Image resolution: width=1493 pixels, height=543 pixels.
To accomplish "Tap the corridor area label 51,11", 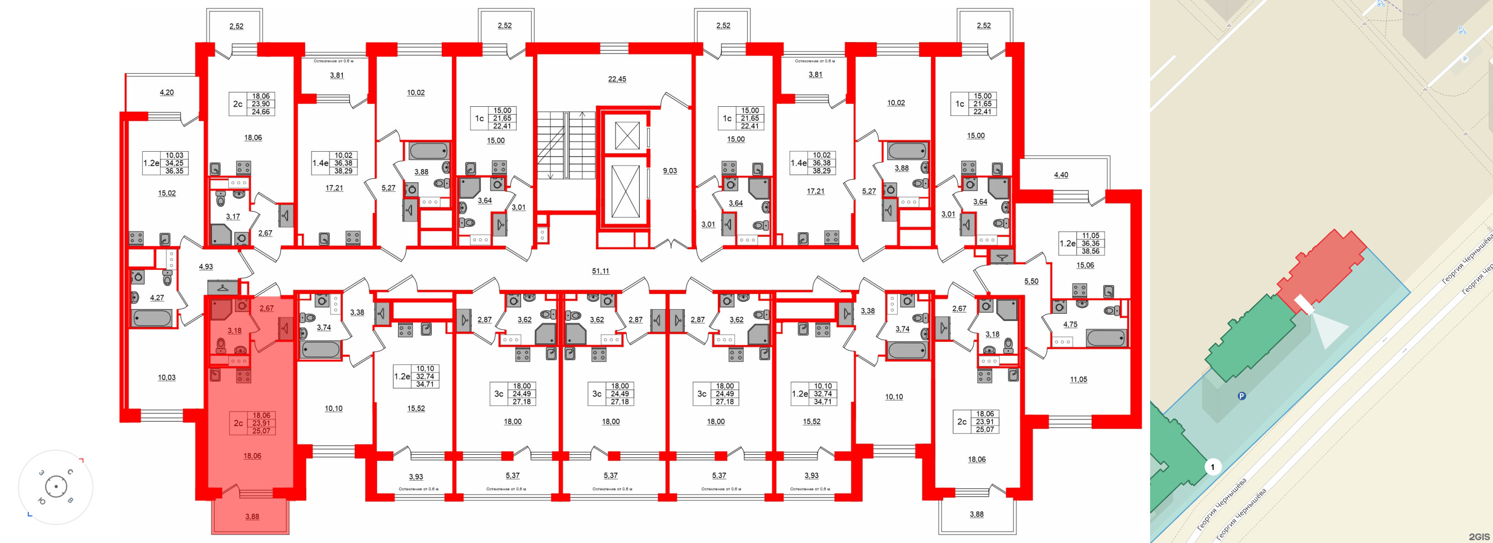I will click(600, 271).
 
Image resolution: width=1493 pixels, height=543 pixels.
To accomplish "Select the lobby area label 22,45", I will click(617, 79).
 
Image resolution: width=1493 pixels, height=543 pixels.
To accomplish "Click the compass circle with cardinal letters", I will click(56, 487).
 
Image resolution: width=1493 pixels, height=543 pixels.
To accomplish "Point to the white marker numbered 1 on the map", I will click(1213, 467).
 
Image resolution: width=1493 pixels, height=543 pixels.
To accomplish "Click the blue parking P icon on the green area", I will click(1242, 396).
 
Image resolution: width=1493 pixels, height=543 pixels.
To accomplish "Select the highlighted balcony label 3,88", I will click(252, 517).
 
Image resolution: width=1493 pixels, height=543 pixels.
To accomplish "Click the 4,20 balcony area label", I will click(166, 93).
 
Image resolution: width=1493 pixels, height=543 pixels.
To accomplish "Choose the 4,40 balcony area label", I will click(1061, 175).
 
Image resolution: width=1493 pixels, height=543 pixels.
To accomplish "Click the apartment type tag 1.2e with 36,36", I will click(1067, 244).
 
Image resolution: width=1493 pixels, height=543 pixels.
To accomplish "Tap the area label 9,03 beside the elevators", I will click(670, 171).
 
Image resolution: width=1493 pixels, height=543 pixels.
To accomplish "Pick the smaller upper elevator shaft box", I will click(627, 135).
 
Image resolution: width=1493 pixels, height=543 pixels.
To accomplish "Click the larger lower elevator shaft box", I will click(626, 191).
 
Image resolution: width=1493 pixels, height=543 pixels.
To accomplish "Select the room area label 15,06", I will click(1085, 265).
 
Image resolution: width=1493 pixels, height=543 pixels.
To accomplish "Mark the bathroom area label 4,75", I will click(1070, 324).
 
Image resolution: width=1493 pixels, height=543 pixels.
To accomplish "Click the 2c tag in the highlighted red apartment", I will click(238, 424).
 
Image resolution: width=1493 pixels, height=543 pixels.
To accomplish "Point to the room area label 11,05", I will click(1078, 379).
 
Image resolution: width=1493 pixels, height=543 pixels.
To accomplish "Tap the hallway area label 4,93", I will click(206, 267).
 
